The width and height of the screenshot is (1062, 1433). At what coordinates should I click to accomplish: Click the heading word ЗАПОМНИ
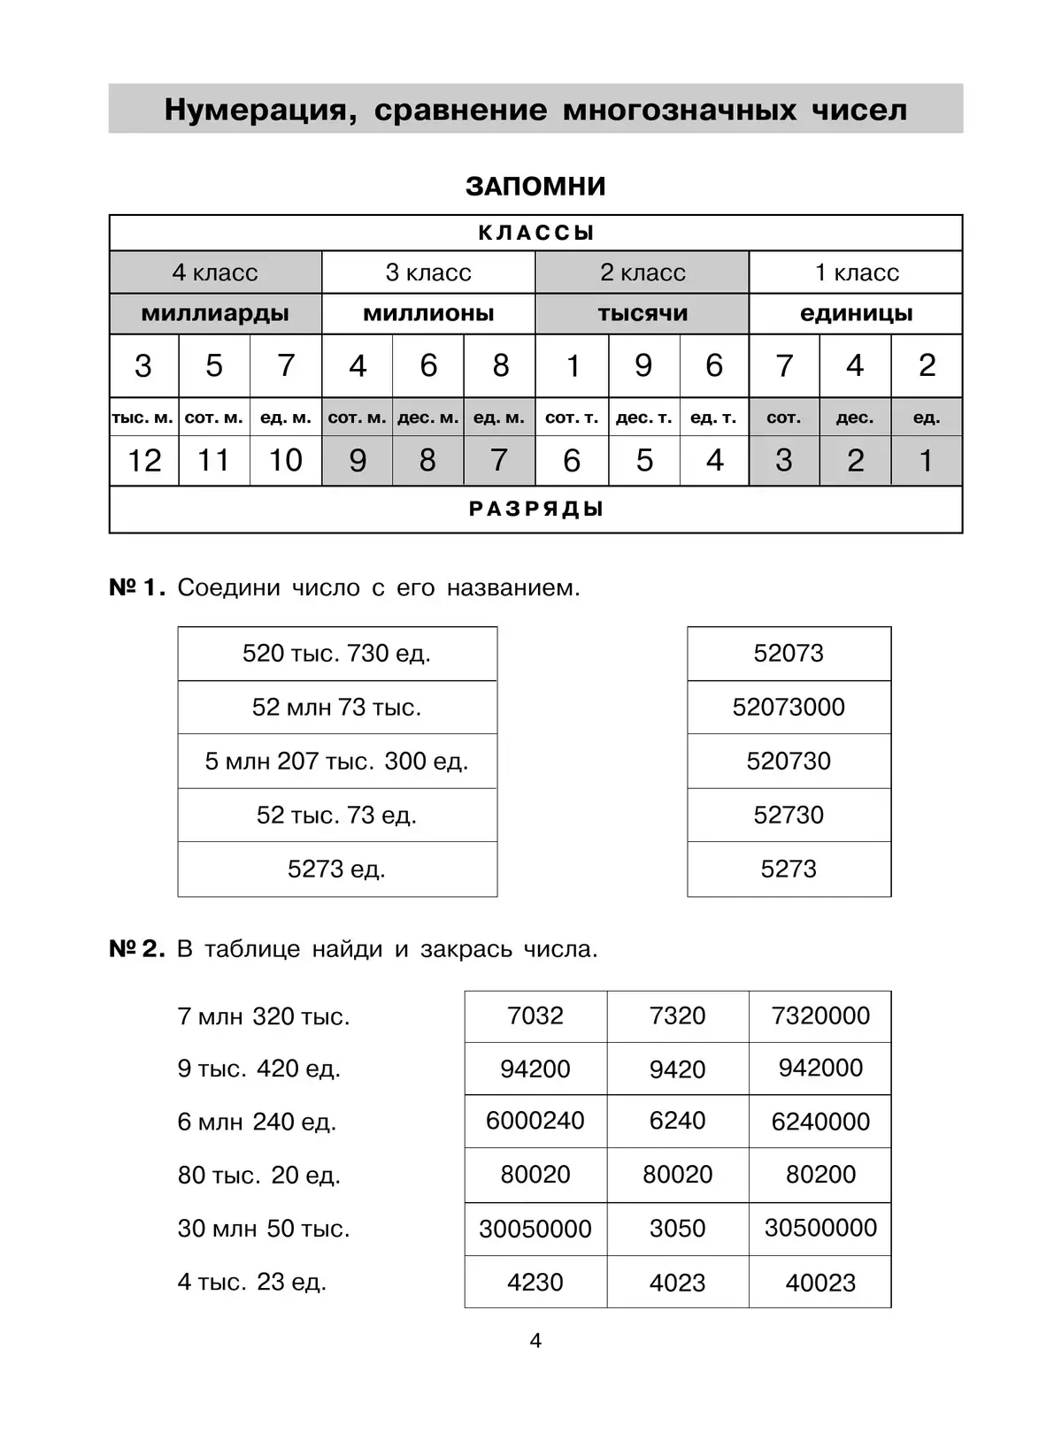coord(535,187)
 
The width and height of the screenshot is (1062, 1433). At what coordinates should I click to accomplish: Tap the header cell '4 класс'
coord(215,272)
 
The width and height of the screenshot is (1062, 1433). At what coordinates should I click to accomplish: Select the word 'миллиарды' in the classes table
coord(215,313)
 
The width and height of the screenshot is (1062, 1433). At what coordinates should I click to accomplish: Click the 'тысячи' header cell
coord(643,313)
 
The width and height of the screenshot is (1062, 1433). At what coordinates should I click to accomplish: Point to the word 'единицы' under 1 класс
coord(856,313)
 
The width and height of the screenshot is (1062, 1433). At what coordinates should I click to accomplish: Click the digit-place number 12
coord(144,460)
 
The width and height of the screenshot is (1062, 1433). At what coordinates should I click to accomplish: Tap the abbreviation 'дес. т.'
coord(643,418)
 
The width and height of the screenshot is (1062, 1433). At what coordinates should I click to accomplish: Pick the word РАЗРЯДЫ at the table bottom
coord(535,510)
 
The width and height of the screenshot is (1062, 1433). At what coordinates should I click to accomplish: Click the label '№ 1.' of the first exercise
coord(136,587)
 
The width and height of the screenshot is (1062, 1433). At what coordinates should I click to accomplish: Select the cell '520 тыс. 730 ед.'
coord(336,654)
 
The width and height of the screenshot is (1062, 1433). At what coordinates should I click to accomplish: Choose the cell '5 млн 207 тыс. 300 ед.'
coord(336,761)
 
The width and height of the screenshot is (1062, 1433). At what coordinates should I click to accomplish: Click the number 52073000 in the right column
coord(789,707)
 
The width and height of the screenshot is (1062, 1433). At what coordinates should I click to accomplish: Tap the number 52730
coord(789,815)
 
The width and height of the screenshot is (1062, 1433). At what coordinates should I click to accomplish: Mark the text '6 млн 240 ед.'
coord(257,1122)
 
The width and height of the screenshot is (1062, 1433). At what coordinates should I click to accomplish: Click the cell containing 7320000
coord(820,1015)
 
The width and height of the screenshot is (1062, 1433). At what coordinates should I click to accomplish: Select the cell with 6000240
coord(535,1121)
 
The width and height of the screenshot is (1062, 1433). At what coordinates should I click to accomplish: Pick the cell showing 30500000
coord(820,1228)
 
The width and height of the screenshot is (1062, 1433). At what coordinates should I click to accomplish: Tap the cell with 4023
coord(677,1283)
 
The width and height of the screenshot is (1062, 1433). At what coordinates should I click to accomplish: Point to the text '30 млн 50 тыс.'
coord(264,1229)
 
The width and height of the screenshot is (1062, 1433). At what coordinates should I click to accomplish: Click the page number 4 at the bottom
coord(535,1341)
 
